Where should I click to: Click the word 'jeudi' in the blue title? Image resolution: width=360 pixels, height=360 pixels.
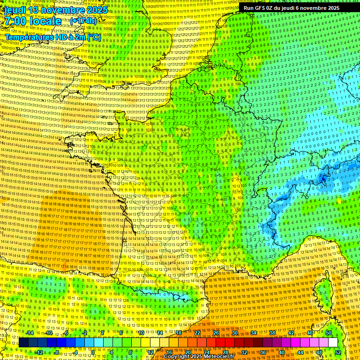[15, 10]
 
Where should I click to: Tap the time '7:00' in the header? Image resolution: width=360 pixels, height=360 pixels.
[15, 21]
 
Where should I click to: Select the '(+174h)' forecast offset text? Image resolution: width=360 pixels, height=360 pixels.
[83, 21]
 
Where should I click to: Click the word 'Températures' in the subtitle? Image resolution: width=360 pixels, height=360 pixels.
[29, 37]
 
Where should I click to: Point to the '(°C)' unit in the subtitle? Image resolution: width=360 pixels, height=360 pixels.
[93, 37]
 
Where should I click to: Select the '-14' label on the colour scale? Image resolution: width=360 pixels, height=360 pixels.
[29, 333]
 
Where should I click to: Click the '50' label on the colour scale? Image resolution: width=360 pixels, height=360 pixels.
[328, 333]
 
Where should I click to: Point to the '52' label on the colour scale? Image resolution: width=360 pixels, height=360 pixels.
[338, 352]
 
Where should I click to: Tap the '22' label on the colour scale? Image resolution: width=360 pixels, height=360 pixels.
[197, 333]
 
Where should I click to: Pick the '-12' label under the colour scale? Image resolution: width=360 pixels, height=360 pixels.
[38, 352]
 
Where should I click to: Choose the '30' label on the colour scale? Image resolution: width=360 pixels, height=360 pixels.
[235, 333]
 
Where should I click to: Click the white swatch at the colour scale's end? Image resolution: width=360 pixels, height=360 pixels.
[333, 343]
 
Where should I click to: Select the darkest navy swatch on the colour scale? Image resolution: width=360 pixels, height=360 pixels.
[23, 343]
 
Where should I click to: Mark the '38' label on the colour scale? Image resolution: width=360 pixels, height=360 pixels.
[272, 333]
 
